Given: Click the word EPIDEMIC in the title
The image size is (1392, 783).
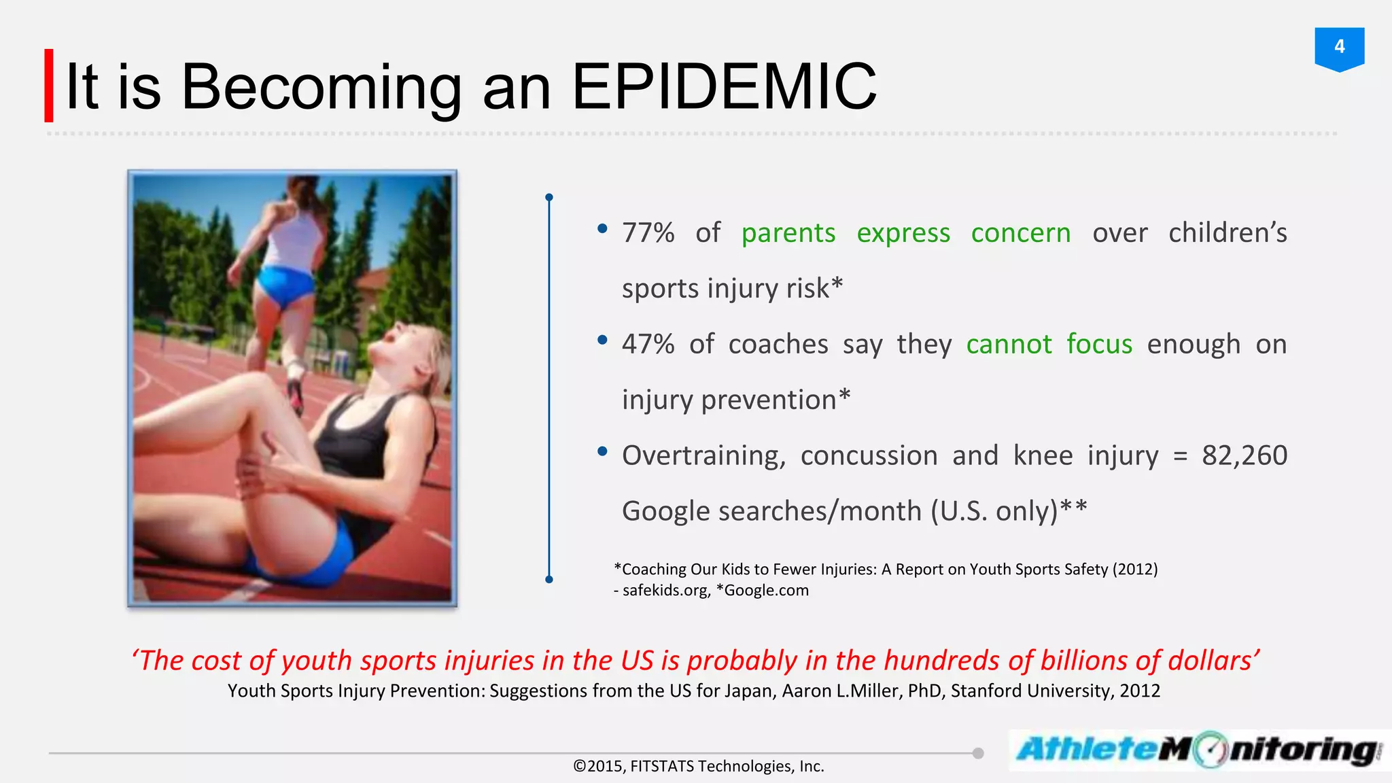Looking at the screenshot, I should pos(724,87).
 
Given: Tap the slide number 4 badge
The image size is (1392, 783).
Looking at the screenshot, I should pos(1339,48).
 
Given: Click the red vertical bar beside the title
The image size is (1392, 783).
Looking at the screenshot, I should pos(49,86).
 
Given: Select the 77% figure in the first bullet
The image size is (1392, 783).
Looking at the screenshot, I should pos(648,233).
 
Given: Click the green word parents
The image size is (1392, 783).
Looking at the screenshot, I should pos(788,233).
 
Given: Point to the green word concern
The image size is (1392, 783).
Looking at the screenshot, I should pos(1020,233).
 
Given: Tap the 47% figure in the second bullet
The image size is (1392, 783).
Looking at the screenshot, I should pos(648,345).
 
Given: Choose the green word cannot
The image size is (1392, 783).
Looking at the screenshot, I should pos(1009,345).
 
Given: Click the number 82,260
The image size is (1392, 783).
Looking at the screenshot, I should pos(1244,455).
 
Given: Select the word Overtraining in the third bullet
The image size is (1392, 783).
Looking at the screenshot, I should pos(703,455).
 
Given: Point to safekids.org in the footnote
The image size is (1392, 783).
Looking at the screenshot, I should pos(665,590).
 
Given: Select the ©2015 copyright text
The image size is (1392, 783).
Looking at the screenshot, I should pos(598,767).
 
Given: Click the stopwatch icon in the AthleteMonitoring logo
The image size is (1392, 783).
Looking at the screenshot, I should pos(1210,750).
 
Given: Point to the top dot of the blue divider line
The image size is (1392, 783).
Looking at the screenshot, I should pos(549,197).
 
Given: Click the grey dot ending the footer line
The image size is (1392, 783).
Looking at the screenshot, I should pos(978,753).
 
